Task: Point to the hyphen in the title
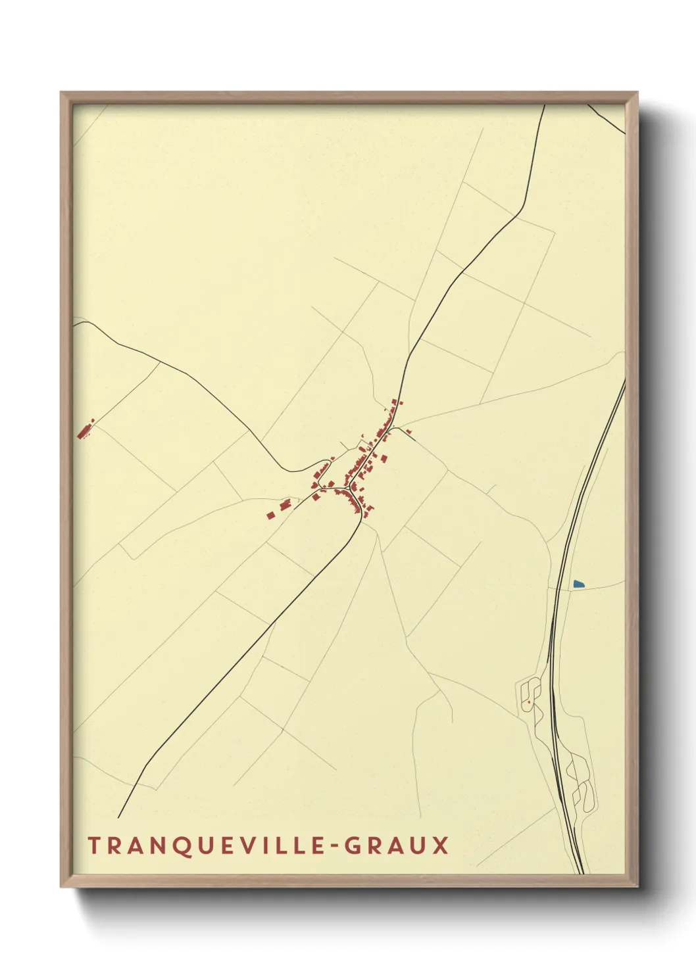(x=335, y=845)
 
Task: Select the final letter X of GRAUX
(x=440, y=845)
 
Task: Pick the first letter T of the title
(x=93, y=845)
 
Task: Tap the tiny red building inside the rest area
(x=528, y=702)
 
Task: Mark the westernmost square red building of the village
(x=270, y=515)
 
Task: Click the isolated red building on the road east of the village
(x=410, y=431)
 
